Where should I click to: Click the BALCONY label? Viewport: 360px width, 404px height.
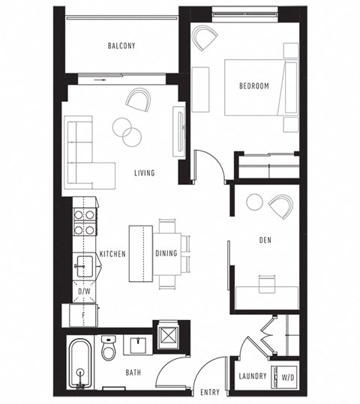coord(121,46)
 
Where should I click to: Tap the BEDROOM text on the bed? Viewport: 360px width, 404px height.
coord(253,86)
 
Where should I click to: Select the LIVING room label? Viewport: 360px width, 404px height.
coord(144,173)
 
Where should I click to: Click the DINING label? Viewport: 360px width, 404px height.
coord(166,253)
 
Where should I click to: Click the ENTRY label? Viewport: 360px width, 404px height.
coord(211,392)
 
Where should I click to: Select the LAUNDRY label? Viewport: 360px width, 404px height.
coord(253,376)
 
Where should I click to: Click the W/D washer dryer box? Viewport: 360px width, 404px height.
coord(286,375)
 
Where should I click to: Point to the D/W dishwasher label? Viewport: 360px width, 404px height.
coord(85,290)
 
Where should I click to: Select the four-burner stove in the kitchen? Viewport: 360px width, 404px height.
coord(83,220)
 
